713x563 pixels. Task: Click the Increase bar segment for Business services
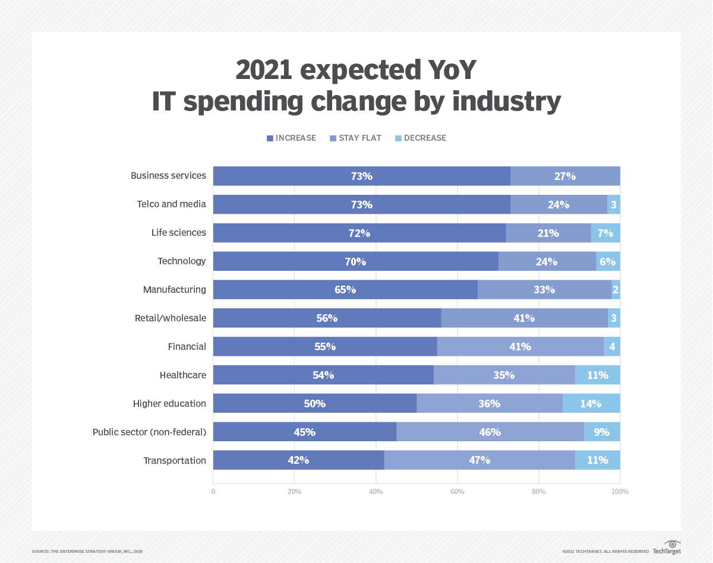361,176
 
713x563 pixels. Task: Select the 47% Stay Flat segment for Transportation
479,460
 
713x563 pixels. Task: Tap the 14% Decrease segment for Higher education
591,403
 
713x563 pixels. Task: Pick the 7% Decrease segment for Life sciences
605,233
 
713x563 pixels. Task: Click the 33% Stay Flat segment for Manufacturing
544,290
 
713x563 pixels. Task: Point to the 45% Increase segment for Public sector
304,432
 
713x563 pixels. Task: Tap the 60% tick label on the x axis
457,492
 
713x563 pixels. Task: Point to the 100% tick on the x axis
620,492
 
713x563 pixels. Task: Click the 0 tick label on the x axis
213,492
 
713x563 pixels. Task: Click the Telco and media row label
171,204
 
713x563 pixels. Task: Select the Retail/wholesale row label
170,318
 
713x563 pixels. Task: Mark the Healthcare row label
182,375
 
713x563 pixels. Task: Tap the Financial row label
187,346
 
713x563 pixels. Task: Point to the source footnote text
87,552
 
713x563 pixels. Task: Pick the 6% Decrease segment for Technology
608,261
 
